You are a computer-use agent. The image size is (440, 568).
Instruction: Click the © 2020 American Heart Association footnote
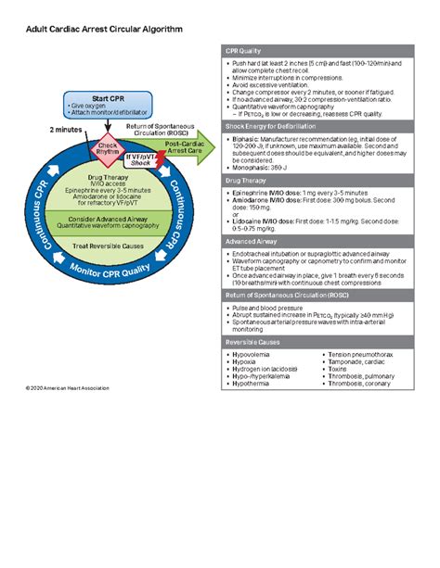(x=55, y=387)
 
